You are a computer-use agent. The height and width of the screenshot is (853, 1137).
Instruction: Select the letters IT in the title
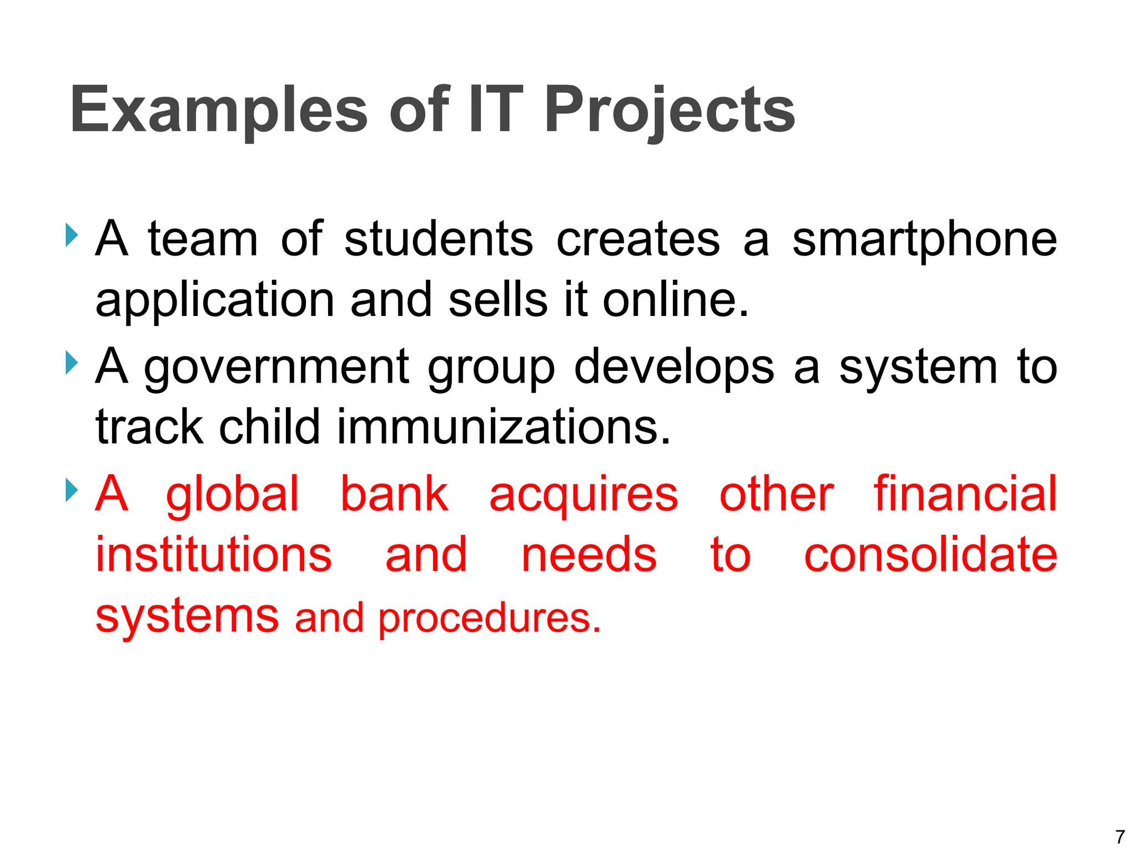point(495,110)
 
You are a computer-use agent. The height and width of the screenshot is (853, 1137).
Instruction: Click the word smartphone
point(924,240)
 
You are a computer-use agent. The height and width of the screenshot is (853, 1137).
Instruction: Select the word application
point(215,301)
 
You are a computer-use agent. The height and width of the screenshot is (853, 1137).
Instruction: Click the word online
point(676,300)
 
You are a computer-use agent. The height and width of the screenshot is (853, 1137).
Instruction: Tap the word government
point(276,368)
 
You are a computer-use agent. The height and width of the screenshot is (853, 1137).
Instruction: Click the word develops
point(673,368)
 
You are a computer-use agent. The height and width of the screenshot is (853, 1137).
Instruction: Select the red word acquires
point(583,496)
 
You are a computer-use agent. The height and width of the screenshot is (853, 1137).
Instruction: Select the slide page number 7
point(1120,836)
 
